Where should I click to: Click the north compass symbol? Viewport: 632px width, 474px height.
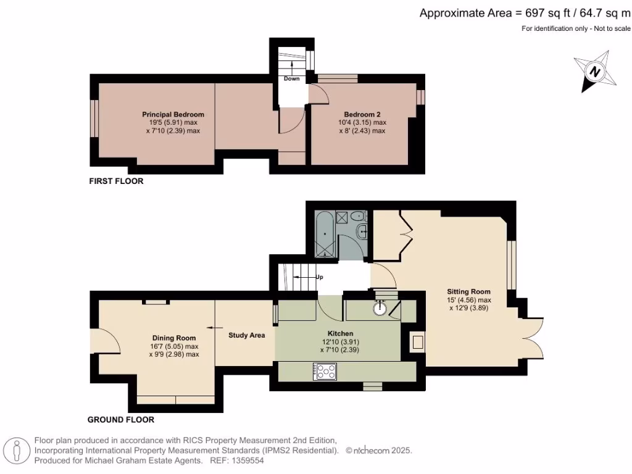pyautogui.click(x=595, y=72)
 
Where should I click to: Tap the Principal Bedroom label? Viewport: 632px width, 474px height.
pyautogui.click(x=173, y=114)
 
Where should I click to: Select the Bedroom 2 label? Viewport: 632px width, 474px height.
pyautogui.click(x=362, y=114)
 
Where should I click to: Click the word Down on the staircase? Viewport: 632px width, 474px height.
pyautogui.click(x=291, y=78)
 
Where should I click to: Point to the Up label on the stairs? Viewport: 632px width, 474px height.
pyautogui.click(x=319, y=277)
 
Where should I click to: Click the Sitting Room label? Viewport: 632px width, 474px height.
pyautogui.click(x=469, y=291)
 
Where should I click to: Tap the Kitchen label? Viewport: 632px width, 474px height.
pyautogui.click(x=340, y=333)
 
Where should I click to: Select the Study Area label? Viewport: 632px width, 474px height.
pyautogui.click(x=247, y=335)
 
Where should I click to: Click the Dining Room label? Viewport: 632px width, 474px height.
pyautogui.click(x=173, y=338)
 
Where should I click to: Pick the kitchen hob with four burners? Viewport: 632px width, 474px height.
pyautogui.click(x=325, y=372)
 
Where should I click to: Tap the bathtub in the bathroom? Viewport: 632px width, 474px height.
pyautogui.click(x=325, y=234)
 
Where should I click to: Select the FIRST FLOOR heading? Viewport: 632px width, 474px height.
pyautogui.click(x=116, y=181)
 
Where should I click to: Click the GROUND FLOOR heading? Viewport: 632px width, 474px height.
pyautogui.click(x=121, y=420)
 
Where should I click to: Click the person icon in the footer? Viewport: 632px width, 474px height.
pyautogui.click(x=17, y=451)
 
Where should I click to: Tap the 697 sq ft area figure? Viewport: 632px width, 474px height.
pyautogui.click(x=548, y=14)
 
